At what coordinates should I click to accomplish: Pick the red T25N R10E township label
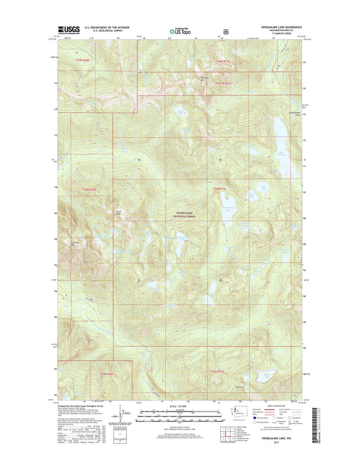[x=82, y=62]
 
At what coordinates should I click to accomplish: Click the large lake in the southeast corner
[x=269, y=374]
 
